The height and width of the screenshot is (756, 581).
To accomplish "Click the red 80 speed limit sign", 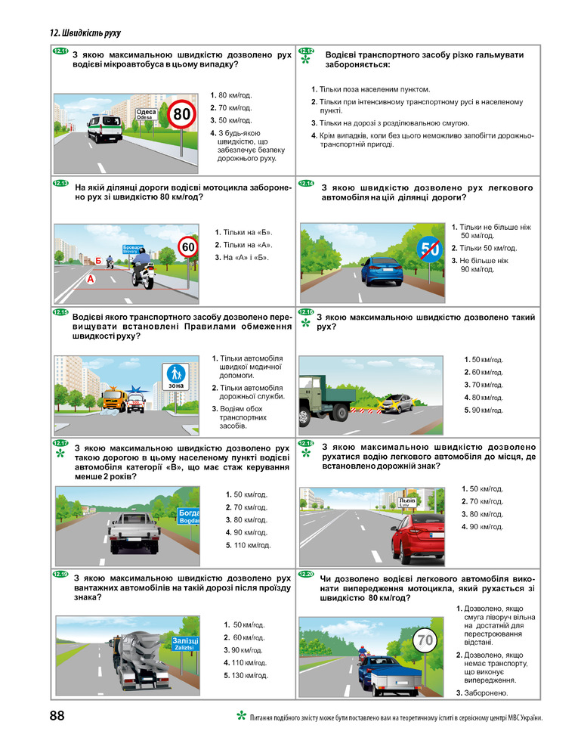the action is (x=181, y=114).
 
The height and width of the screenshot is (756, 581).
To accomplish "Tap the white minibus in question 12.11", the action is (x=104, y=128).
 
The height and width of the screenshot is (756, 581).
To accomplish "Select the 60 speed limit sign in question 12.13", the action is (x=188, y=247).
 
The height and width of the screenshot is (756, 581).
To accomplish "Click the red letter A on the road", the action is (x=91, y=279).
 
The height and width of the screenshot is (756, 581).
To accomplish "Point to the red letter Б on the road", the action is (x=98, y=261).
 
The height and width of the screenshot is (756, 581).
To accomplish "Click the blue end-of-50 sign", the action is (x=430, y=249).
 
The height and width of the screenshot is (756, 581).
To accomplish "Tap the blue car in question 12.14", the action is (x=382, y=271).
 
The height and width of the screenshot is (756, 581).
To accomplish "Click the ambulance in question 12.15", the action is (x=136, y=403).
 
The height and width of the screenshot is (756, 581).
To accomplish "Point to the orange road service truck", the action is (x=114, y=400).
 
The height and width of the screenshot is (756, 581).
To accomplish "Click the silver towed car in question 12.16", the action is (x=397, y=404).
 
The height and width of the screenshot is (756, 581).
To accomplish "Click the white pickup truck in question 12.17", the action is (x=134, y=532).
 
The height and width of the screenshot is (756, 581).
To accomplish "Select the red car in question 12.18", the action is (x=418, y=540).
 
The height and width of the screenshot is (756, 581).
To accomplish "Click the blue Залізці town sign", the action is (x=185, y=643).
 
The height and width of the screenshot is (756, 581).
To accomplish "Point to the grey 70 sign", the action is (x=425, y=640).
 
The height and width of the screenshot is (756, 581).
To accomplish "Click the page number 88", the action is (x=57, y=715).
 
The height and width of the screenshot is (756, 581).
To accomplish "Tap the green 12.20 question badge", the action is (x=306, y=575).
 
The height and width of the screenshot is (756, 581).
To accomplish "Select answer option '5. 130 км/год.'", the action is (x=246, y=675).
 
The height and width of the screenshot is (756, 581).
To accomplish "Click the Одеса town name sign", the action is (x=146, y=114).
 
